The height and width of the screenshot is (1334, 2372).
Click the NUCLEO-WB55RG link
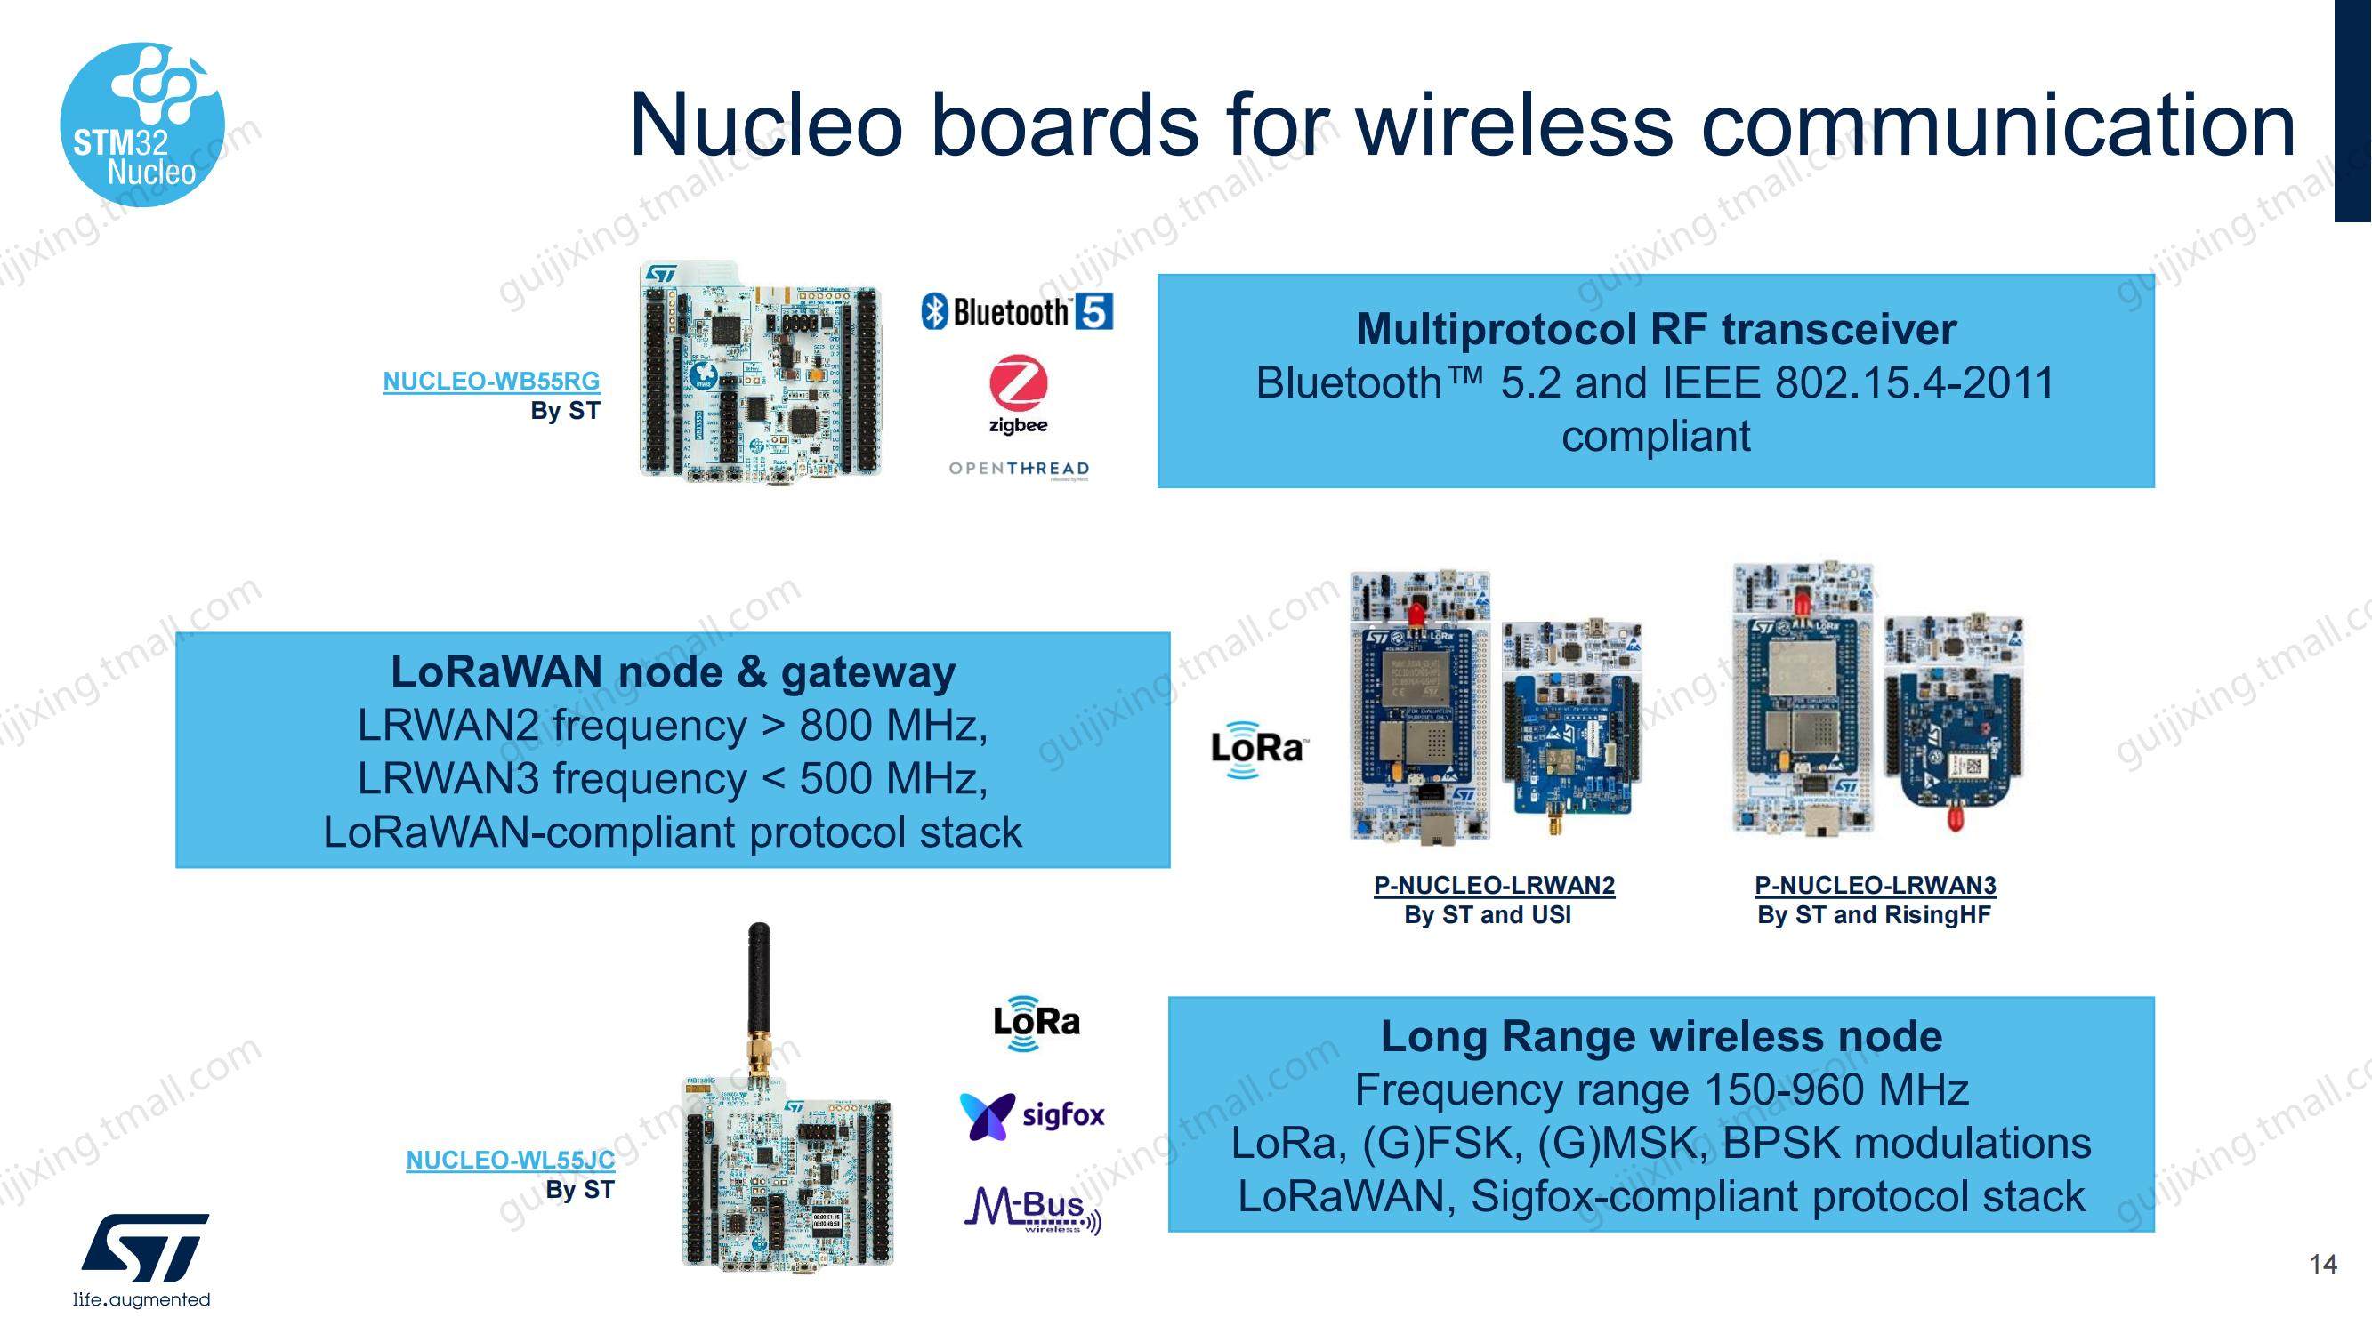[491, 381]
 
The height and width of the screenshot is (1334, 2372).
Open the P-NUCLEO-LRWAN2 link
[1494, 885]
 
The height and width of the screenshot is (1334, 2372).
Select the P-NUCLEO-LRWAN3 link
[1875, 885]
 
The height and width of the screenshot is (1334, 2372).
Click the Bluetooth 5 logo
[1017, 312]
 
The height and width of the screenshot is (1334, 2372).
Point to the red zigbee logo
[1019, 394]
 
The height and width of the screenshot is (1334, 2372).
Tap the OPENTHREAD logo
[1020, 470]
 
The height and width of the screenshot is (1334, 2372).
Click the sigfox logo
[1032, 1116]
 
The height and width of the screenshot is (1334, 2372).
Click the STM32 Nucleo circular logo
[142, 125]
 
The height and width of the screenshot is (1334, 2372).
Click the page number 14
[2322, 1264]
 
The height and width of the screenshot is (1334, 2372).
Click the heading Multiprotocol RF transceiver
[1656, 330]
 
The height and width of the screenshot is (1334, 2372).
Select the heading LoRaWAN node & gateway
[674, 671]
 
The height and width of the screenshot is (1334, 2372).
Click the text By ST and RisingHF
[1874, 915]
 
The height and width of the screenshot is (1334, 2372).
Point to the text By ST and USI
[1487, 915]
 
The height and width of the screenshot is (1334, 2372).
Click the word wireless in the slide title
[1514, 125]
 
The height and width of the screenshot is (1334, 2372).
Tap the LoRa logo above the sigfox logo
[1036, 1022]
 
